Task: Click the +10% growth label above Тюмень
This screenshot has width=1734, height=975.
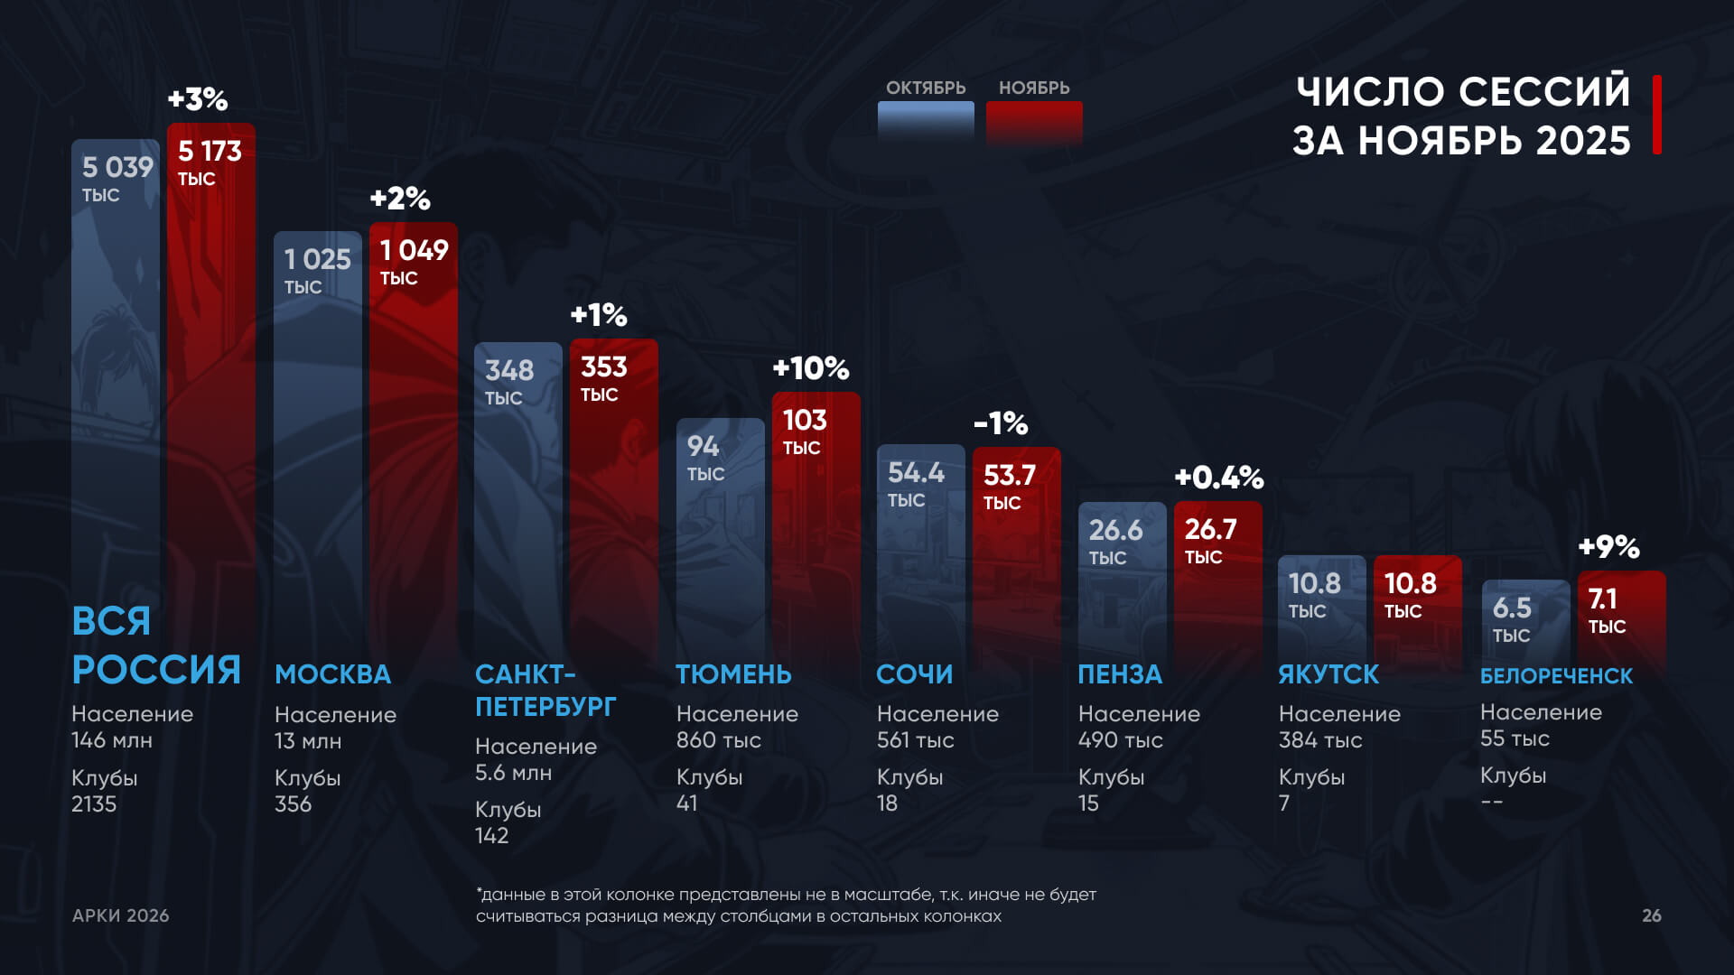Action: tap(810, 368)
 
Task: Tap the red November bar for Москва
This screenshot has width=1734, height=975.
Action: tap(414, 451)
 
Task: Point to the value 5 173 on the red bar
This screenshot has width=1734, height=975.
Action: tap(210, 151)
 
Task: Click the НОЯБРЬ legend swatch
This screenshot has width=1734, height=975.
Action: tap(1034, 121)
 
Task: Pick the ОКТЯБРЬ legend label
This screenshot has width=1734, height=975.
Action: tap(926, 88)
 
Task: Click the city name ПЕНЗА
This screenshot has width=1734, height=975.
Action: tap(1120, 674)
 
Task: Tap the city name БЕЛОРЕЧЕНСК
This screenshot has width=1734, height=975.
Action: tap(1556, 675)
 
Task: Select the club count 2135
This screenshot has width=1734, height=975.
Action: tap(94, 804)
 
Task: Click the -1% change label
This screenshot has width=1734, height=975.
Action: tap(1001, 423)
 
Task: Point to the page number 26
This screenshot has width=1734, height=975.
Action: tap(1651, 915)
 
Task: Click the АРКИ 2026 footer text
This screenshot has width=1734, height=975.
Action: tap(121, 915)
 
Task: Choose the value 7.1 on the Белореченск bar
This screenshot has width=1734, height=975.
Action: tap(1602, 599)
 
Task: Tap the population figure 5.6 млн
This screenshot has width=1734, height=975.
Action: tap(513, 773)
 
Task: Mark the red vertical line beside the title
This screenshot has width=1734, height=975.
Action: tap(1657, 115)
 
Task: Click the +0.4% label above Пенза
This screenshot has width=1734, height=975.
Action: tap(1218, 478)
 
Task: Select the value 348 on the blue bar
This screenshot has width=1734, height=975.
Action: tap(509, 370)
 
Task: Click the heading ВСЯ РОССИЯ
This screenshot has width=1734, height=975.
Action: tap(155, 645)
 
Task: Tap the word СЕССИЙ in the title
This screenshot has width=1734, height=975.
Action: tap(1544, 91)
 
